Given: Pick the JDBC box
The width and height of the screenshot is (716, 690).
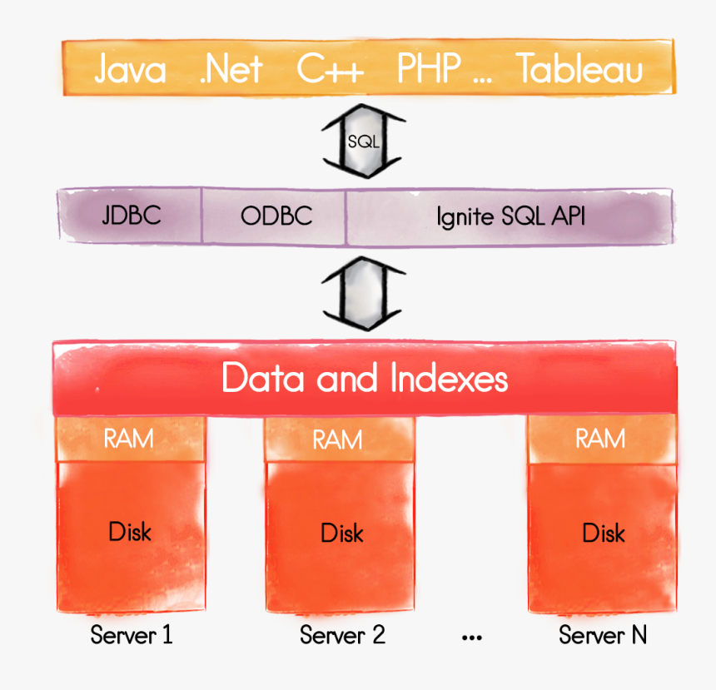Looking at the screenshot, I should coord(131,216).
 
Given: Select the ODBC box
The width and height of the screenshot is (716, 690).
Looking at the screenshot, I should coord(276,216).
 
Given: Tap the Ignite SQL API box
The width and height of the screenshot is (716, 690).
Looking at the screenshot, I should coord(510,216).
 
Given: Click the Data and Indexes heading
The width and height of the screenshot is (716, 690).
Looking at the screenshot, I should coord(365,380).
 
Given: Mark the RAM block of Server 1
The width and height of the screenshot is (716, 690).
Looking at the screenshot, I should coord(129,438).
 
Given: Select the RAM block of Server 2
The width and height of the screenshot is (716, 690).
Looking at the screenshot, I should coord(337,439).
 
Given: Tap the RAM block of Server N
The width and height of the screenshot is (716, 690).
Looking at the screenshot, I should coord(600,438).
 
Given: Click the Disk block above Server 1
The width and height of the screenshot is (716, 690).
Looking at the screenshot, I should coord(130,533).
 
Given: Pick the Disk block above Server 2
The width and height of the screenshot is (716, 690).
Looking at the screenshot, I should coord(341,533).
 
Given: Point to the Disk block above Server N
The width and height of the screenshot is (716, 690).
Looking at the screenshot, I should coord(603,533).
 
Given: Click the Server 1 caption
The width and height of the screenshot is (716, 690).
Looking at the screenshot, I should coord(132,636).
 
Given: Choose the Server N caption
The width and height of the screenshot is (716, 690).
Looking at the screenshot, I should coord(603,636).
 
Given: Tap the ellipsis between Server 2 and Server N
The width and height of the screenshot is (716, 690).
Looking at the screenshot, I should coord(471,638).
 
